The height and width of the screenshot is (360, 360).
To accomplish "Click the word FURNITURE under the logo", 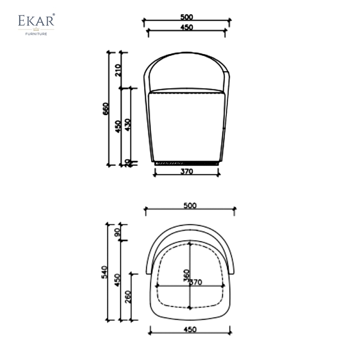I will coord(36,33).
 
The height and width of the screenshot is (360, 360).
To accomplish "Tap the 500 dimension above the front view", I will coord(186,17).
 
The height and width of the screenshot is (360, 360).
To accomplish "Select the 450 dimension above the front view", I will coord(186,27).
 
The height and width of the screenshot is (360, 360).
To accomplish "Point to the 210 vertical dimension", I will coord(118,70).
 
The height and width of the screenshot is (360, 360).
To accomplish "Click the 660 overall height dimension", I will coord(106,109).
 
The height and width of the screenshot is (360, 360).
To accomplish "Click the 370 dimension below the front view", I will coord(187,171).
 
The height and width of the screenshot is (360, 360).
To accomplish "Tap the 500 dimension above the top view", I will coord(190,205).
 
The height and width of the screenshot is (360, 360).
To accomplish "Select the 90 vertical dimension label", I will coord(117,232).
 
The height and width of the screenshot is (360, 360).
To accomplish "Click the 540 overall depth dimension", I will coord(105,272).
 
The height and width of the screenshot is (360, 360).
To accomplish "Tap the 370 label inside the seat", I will coord(195,282).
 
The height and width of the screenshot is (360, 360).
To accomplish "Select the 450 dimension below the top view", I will coord(190,329).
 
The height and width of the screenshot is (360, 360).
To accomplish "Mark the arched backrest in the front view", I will coord(187,67).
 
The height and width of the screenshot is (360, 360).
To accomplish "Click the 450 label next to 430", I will coord(117,126).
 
